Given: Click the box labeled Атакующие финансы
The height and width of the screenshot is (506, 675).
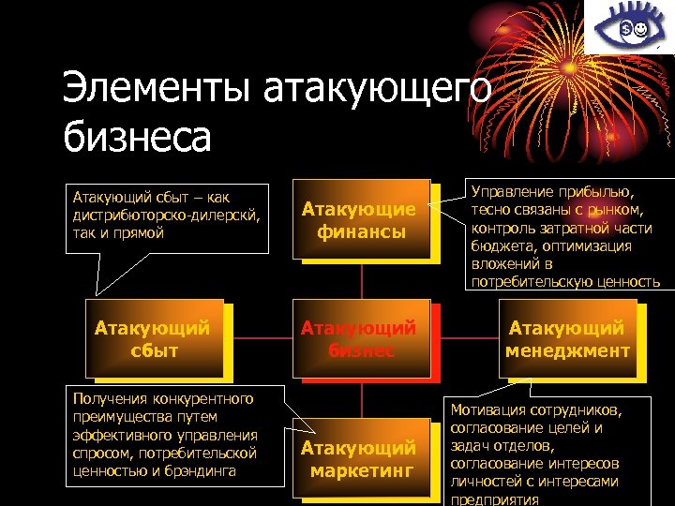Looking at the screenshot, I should pyautogui.click(x=360, y=218).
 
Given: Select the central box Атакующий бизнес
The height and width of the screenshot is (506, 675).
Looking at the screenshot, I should pyautogui.click(x=360, y=338).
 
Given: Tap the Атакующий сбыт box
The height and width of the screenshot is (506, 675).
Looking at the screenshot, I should pyautogui.click(x=153, y=338).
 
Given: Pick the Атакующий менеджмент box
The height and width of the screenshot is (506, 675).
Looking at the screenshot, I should pyautogui.click(x=566, y=338).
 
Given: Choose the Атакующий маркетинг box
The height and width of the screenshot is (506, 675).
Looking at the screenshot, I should pyautogui.click(x=360, y=459).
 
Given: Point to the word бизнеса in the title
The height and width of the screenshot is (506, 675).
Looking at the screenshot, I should pyautogui.click(x=137, y=138).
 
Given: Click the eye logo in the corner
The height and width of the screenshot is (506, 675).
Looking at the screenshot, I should pyautogui.click(x=629, y=29).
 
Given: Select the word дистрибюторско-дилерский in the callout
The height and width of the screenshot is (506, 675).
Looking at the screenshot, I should pyautogui.click(x=165, y=215).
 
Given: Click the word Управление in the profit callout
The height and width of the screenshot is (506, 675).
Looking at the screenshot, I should pyautogui.click(x=512, y=191).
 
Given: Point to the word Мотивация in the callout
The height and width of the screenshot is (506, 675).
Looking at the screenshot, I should pyautogui.click(x=493, y=410).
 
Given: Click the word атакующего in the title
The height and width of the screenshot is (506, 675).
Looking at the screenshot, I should pyautogui.click(x=377, y=92).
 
